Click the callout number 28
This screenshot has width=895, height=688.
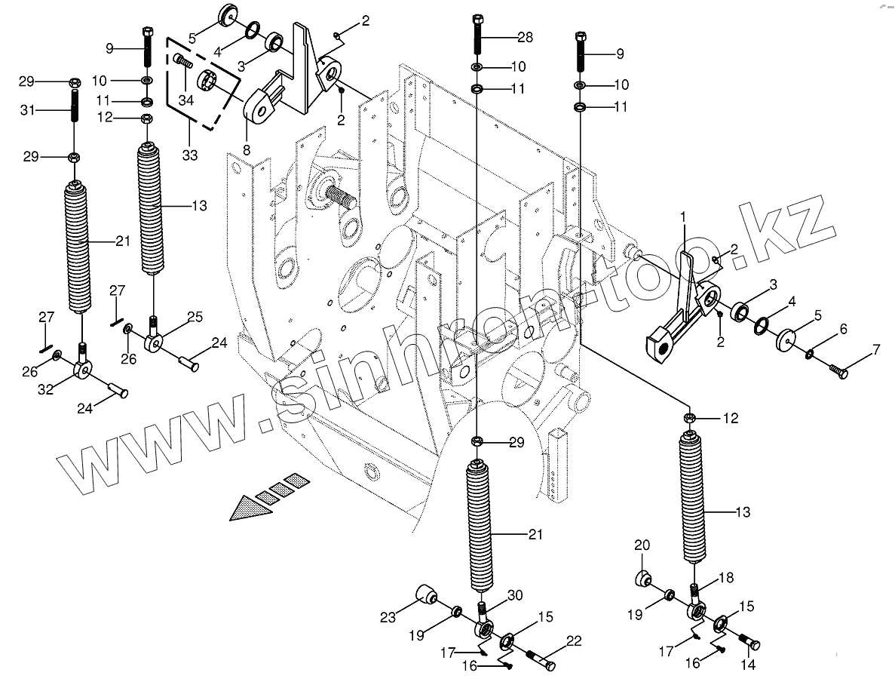pyautogui.click(x=524, y=37)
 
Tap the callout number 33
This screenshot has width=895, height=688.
pyautogui.click(x=189, y=156)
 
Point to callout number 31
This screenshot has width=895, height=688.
pyautogui.click(x=27, y=110)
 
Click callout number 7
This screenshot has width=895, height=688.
pyautogui.click(x=875, y=349)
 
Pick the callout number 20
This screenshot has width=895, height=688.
pyautogui.click(x=642, y=545)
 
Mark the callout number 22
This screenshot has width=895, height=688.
pyautogui.click(x=574, y=640)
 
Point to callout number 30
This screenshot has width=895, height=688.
pyautogui.click(x=514, y=594)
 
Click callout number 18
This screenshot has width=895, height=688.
pyautogui.click(x=725, y=577)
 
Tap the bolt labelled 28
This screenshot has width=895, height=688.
pyautogui.click(x=478, y=34)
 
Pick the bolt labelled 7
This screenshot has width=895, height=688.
pyautogui.click(x=838, y=370)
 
